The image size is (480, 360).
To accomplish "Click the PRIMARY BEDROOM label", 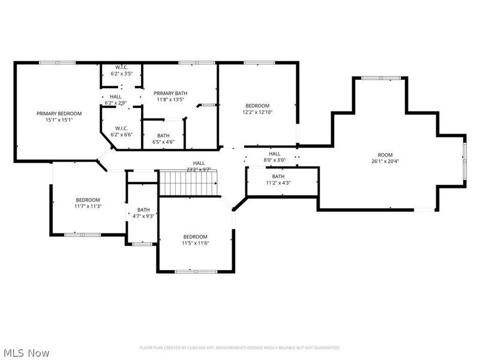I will [59, 113].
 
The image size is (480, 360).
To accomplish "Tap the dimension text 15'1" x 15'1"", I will [59, 119].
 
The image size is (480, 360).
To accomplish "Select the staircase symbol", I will [188, 182].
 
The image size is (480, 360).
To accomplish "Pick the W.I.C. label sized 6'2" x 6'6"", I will [121, 128].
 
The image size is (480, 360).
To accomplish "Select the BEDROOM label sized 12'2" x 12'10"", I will [256, 106].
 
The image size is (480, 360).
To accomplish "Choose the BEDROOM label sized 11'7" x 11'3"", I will [88, 200].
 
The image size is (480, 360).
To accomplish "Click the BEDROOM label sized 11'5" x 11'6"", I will [195, 236].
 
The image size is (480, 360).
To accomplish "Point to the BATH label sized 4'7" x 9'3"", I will [143, 209].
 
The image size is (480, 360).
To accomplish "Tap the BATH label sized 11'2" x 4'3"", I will [278, 176].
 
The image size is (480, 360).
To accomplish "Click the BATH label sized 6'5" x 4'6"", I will [163, 136].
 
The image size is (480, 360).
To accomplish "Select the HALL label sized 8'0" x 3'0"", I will [275, 154].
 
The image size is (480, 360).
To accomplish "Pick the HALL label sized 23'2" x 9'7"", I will [199, 163].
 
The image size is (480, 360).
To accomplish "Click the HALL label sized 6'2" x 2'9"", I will [115, 97].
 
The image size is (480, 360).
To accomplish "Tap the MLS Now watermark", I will [26, 353].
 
